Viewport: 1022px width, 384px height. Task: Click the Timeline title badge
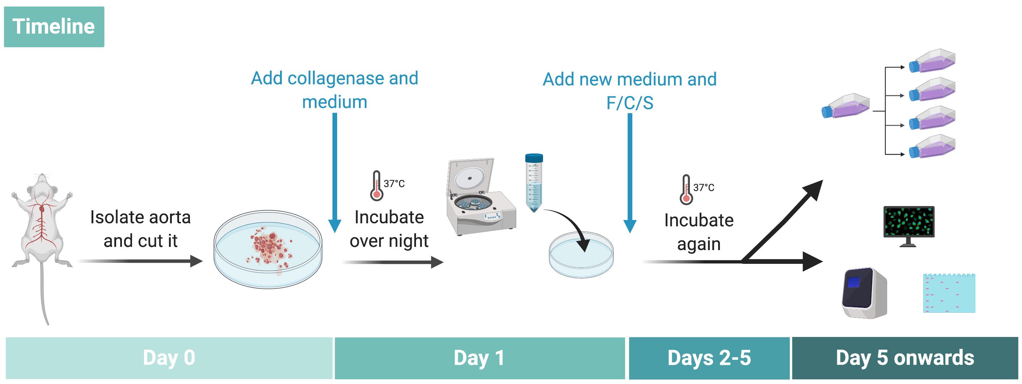[x=54, y=27]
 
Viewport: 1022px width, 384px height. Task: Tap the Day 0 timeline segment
[x=169, y=358]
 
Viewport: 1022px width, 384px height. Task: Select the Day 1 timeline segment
[x=480, y=358]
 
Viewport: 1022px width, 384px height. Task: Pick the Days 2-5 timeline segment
[x=709, y=358]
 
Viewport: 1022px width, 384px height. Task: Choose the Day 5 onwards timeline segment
[x=905, y=358]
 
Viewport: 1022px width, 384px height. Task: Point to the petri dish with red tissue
[x=268, y=249]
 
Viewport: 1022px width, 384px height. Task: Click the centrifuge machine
[x=481, y=197]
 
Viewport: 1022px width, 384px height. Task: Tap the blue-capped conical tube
[x=534, y=183]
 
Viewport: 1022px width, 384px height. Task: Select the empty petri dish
[x=581, y=254]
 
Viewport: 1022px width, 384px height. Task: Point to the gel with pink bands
[x=949, y=293]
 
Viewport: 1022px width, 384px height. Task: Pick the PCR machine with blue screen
[x=865, y=293]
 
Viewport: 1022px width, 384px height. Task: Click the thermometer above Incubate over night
[x=377, y=185]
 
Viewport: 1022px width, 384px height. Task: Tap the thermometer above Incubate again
[x=686, y=189]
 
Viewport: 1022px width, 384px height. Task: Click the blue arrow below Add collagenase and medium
[x=335, y=173]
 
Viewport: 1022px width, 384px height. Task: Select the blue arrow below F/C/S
[x=630, y=173]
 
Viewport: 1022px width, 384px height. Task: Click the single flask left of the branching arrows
[x=845, y=106]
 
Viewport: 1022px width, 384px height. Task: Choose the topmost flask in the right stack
[x=932, y=60]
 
